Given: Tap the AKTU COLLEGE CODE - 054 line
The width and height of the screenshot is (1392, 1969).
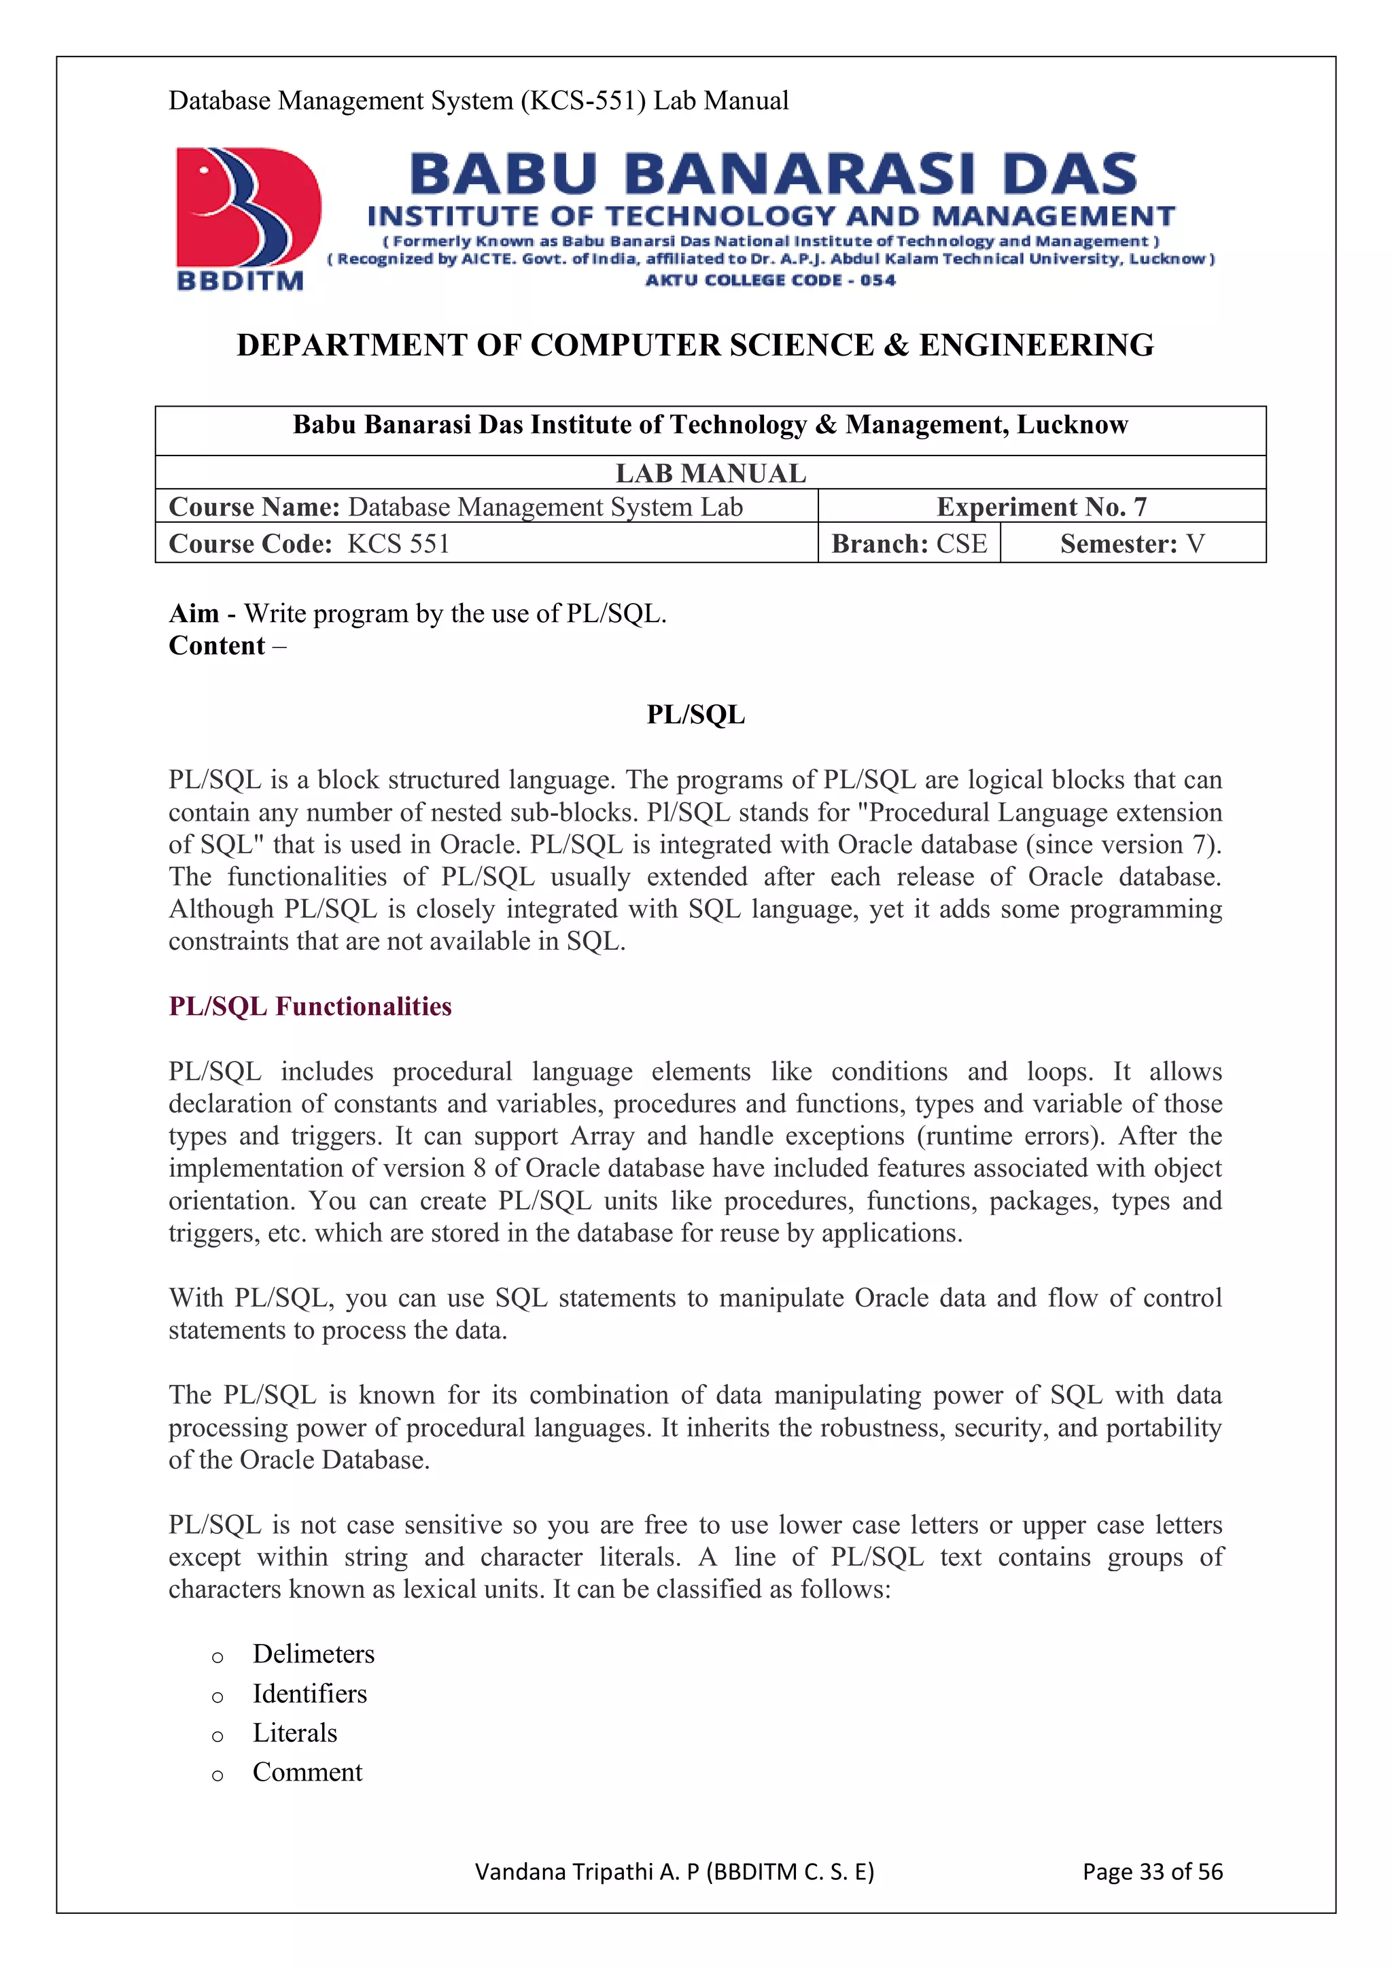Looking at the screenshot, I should pos(769,280).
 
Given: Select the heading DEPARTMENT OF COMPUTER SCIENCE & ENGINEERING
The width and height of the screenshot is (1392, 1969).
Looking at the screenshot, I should pos(695,345).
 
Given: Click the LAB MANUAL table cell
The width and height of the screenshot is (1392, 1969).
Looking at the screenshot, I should pos(710,473).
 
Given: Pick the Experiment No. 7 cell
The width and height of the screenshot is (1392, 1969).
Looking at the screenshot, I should pos(1041,507).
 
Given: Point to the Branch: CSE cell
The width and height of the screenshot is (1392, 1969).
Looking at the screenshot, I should pos(909,544).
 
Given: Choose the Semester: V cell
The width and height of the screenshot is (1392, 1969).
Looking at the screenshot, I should pos(1132,544).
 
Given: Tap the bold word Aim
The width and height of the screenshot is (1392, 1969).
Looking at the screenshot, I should pos(194,614).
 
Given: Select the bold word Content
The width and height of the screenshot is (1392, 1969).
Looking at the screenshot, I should pos(217,646).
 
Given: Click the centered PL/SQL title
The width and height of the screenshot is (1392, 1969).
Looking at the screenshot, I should pos(695,715).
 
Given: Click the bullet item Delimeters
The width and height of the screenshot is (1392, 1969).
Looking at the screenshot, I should pos(314,1654).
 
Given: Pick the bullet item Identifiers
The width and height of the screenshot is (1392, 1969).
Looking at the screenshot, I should pos(309,1693).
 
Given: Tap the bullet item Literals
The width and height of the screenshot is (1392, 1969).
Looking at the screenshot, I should pos(295,1732).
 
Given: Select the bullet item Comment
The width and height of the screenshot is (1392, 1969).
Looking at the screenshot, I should pos(307,1772).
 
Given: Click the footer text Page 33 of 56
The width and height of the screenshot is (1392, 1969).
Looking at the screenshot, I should pos(1152,1871).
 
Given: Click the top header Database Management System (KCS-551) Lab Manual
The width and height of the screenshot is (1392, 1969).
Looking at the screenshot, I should pos(478,101).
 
